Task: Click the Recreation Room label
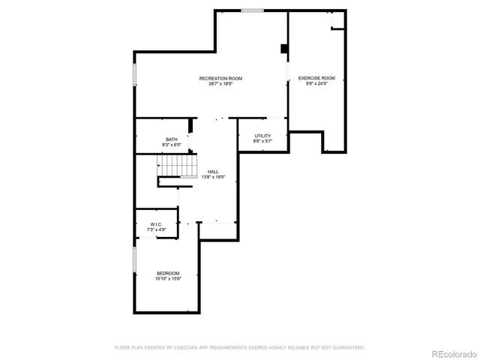coord(220,78)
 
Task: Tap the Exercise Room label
coord(316,78)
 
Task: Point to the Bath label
coord(172,139)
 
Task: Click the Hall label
coord(213,172)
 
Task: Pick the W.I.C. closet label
coord(157,223)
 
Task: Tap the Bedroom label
coord(168,272)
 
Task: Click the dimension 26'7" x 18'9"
coord(220,83)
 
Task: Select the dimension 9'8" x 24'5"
coord(316,83)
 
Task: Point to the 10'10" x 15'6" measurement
coord(168,277)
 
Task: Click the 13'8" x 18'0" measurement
coord(213,177)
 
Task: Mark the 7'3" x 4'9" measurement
coord(157,229)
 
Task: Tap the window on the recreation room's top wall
coord(252,10)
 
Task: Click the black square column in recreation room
coord(284,49)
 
